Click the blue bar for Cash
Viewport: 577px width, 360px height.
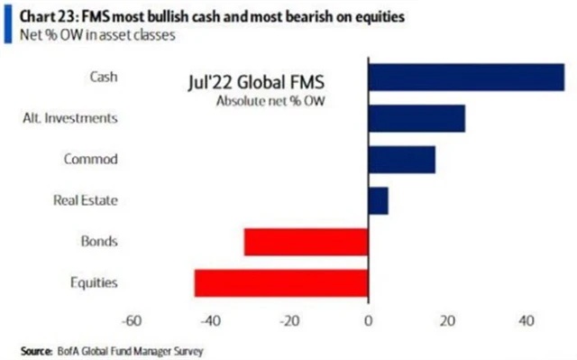point(466,77)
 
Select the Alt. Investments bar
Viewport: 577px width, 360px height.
point(417,118)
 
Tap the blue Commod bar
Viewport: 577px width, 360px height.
point(402,160)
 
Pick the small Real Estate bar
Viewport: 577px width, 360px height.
point(379,200)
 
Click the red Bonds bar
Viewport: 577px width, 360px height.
point(307,242)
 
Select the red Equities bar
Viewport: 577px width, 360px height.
point(281,282)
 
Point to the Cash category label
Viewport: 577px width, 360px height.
point(105,77)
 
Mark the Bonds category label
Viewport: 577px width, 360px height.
point(101,242)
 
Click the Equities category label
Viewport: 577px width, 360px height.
point(96,282)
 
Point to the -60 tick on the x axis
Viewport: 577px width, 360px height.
point(133,320)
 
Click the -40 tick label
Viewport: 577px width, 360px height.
point(211,320)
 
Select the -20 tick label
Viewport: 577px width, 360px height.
point(289,320)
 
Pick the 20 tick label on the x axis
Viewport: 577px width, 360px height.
point(446,320)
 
